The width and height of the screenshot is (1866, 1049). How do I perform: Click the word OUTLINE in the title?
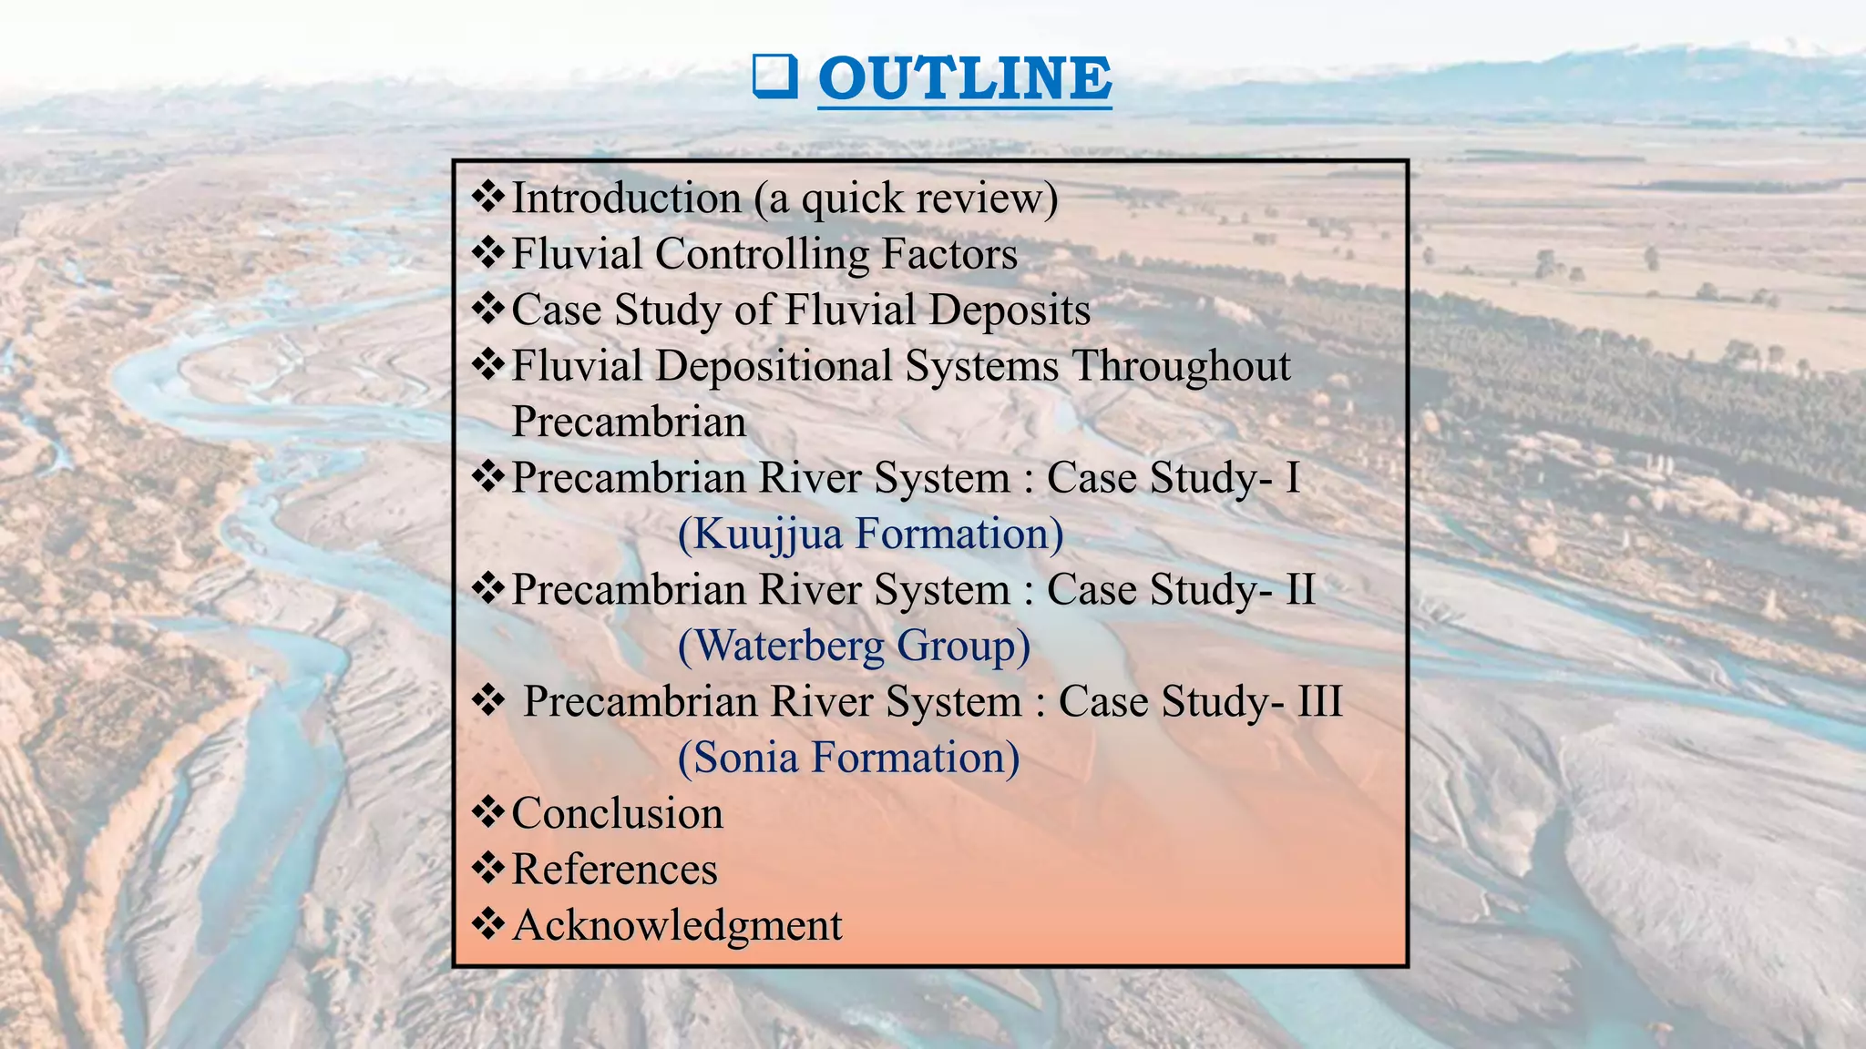coord(964,78)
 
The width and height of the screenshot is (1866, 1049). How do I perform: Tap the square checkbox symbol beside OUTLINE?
coord(774,76)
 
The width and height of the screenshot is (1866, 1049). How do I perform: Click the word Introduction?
coord(626,199)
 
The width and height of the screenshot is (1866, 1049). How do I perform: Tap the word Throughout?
coord(1180,366)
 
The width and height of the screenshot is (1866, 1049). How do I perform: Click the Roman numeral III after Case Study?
coord(1319,702)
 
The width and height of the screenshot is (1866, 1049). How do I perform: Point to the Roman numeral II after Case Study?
coord(1300,590)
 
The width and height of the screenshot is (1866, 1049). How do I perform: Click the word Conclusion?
coord(617,814)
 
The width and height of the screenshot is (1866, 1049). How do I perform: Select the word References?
coord(614,870)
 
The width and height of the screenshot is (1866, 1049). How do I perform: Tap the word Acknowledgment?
coord(677,926)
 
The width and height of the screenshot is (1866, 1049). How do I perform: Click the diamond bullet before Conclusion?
coord(488,812)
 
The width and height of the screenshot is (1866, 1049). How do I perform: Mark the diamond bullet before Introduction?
coord(488,197)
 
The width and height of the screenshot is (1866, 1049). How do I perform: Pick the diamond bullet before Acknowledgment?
coord(488,924)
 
